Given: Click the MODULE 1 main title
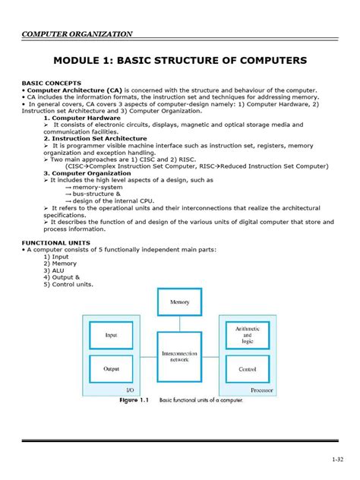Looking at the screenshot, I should [x=179, y=59].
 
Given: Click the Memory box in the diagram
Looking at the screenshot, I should [x=179, y=302].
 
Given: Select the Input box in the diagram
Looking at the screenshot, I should [x=112, y=334].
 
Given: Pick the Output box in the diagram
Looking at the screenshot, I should [x=112, y=369].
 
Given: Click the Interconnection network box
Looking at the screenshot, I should [x=179, y=358].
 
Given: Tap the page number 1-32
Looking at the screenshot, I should [x=339, y=459].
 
